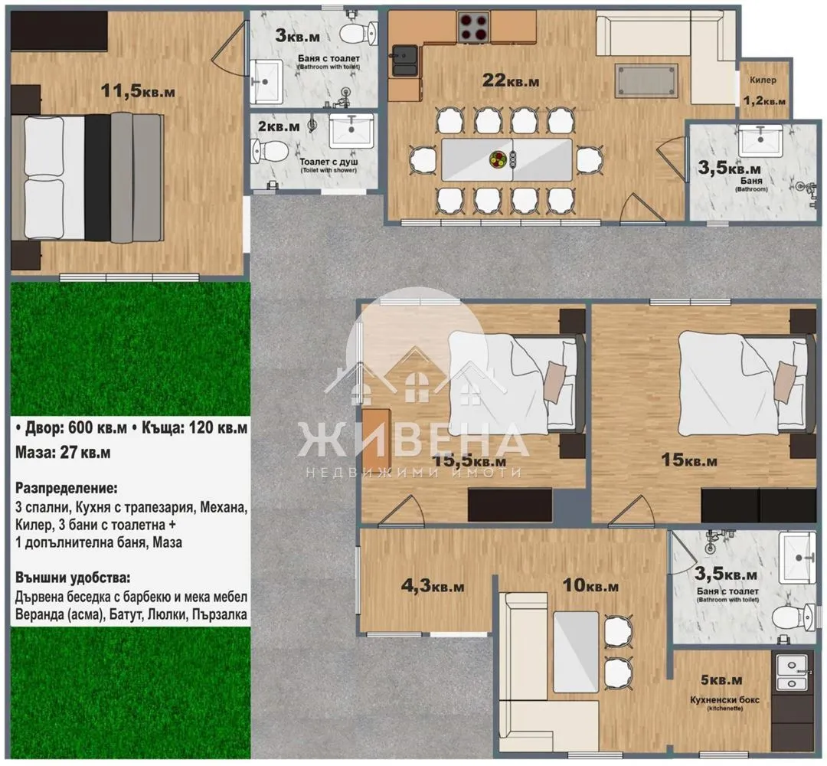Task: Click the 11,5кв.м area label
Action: (x=138, y=90)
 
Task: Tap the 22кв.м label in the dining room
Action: (x=512, y=79)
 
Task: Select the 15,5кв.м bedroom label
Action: (x=469, y=461)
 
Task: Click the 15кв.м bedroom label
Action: (x=689, y=460)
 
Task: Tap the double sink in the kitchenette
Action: (x=794, y=676)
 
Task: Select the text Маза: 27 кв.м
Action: (x=63, y=453)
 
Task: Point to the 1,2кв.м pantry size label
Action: (x=764, y=100)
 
